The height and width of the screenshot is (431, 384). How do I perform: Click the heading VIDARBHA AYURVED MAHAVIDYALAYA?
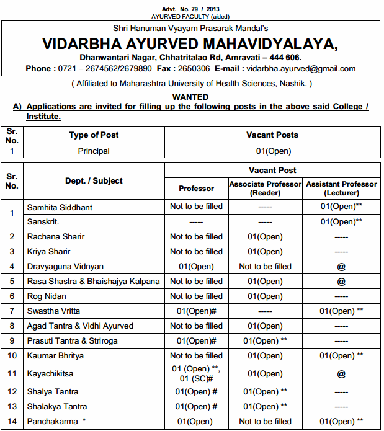coord(190,44)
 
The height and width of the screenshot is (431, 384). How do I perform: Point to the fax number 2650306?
coord(192,68)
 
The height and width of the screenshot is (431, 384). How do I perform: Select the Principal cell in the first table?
coord(94,151)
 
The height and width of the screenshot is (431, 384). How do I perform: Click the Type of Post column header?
coord(94,135)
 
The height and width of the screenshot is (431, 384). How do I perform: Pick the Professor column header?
coord(196,188)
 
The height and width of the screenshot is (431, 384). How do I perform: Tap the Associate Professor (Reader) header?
coord(266,188)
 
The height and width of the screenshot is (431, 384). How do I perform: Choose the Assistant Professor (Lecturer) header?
coord(341,188)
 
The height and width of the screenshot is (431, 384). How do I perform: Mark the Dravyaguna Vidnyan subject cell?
coord(65,266)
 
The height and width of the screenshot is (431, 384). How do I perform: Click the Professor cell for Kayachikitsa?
coord(196,374)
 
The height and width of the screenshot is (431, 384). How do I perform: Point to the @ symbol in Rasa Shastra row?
coord(341,281)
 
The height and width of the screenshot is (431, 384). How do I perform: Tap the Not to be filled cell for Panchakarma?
coord(266,422)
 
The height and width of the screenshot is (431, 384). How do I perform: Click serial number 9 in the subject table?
coord(12,340)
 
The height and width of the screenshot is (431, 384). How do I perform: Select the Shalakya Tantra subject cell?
coord(57,407)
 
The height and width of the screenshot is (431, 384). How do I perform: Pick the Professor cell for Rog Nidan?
coord(196,296)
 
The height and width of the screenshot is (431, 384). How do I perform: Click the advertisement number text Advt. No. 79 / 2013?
coord(191,9)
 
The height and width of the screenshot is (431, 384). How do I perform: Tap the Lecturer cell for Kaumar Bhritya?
coord(341,355)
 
